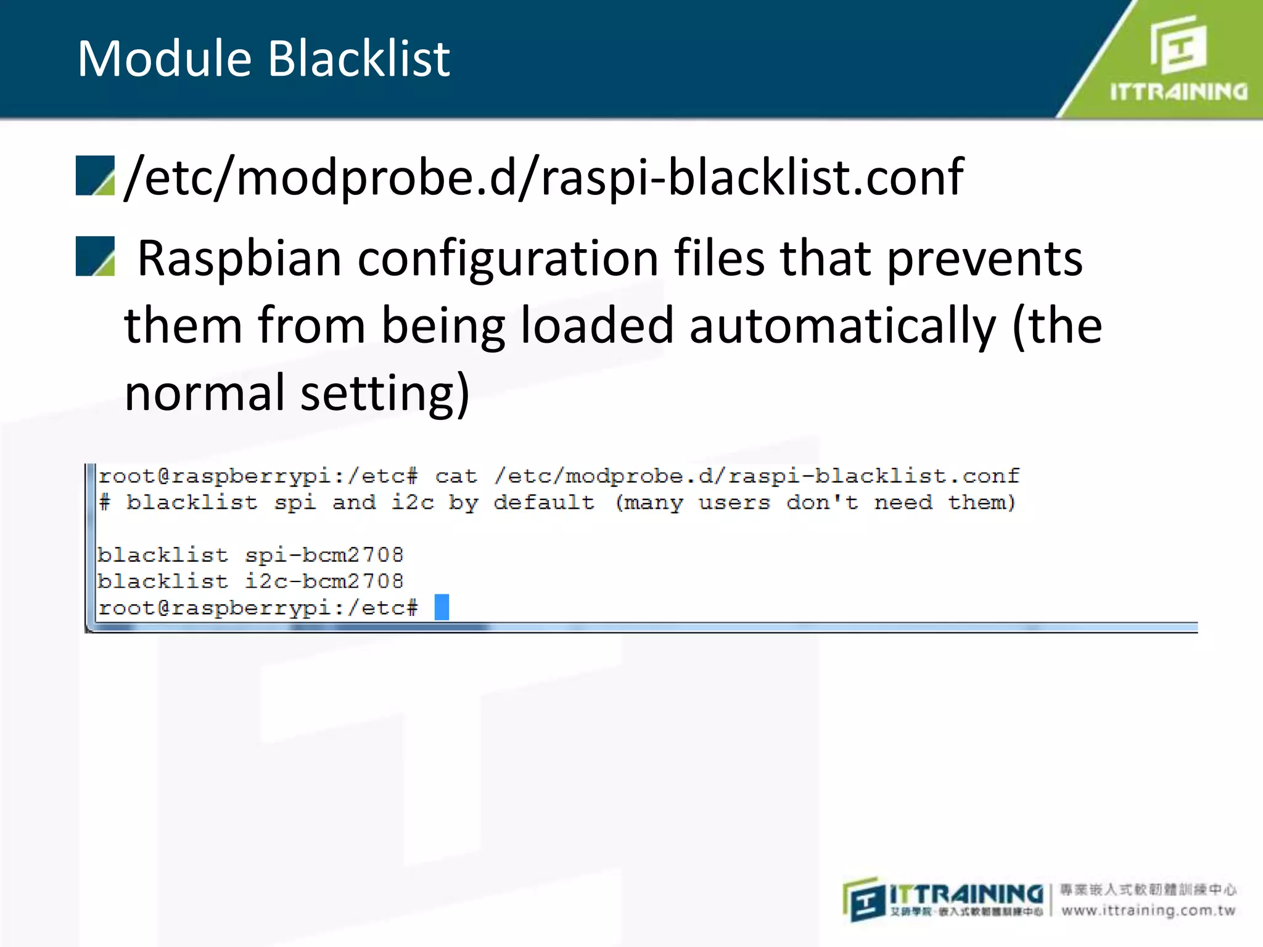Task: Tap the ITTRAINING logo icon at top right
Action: point(1178,44)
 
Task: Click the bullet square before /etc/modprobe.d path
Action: point(95,176)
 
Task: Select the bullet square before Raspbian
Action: point(95,256)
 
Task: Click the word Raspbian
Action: point(239,259)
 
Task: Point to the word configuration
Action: point(508,259)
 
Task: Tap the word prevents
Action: point(984,259)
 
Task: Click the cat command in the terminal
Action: point(456,476)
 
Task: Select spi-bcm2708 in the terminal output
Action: point(324,555)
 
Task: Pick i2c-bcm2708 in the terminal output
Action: point(324,581)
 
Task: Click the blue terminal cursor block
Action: point(442,607)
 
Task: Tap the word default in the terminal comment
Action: point(544,502)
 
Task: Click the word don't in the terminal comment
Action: point(822,502)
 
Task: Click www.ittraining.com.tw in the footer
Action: point(1148,910)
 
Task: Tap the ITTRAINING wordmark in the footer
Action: point(965,895)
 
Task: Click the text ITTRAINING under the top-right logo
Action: point(1179,92)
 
